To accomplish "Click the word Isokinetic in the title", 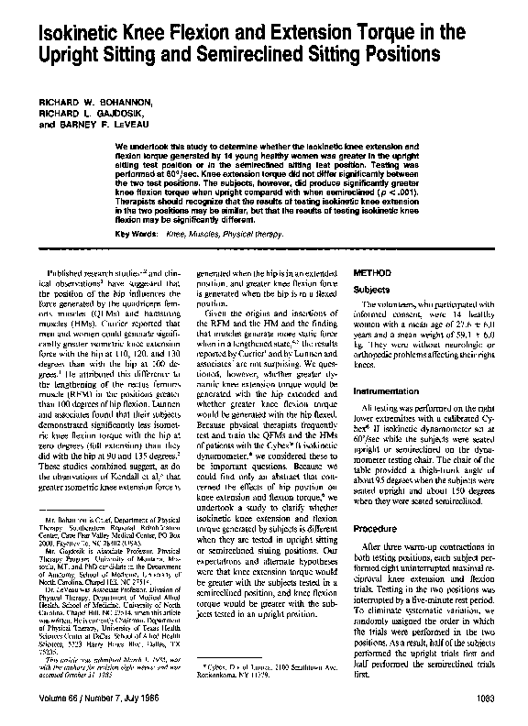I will point(70,34).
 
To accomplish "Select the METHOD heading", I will point(374,272).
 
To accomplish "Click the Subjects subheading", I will point(374,289).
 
